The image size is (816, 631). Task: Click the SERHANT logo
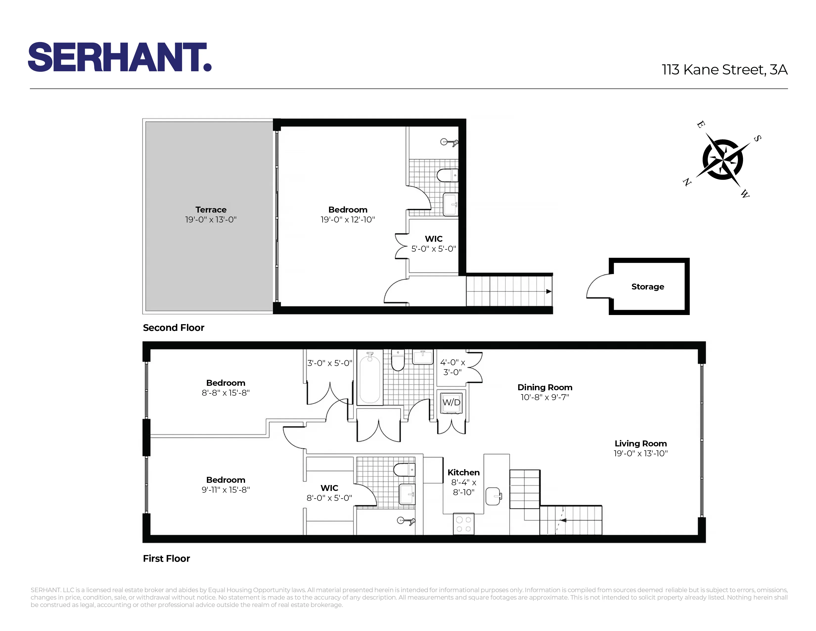point(120,57)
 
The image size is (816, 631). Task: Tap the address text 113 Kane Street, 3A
point(725,70)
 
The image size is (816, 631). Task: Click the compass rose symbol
point(722,160)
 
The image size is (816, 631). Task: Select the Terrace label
point(211,210)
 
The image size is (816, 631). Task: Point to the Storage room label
point(648,287)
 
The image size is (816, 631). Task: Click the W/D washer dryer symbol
point(451,403)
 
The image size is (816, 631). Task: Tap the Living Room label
point(640,443)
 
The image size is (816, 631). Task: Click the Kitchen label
point(463,472)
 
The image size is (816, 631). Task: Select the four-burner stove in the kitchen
point(464,524)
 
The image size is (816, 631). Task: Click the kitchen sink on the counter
point(493,496)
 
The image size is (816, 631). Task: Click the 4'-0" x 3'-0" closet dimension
point(453,367)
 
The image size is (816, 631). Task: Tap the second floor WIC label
point(433,239)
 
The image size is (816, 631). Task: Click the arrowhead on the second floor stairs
point(548,291)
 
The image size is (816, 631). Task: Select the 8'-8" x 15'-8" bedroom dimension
point(226,392)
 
